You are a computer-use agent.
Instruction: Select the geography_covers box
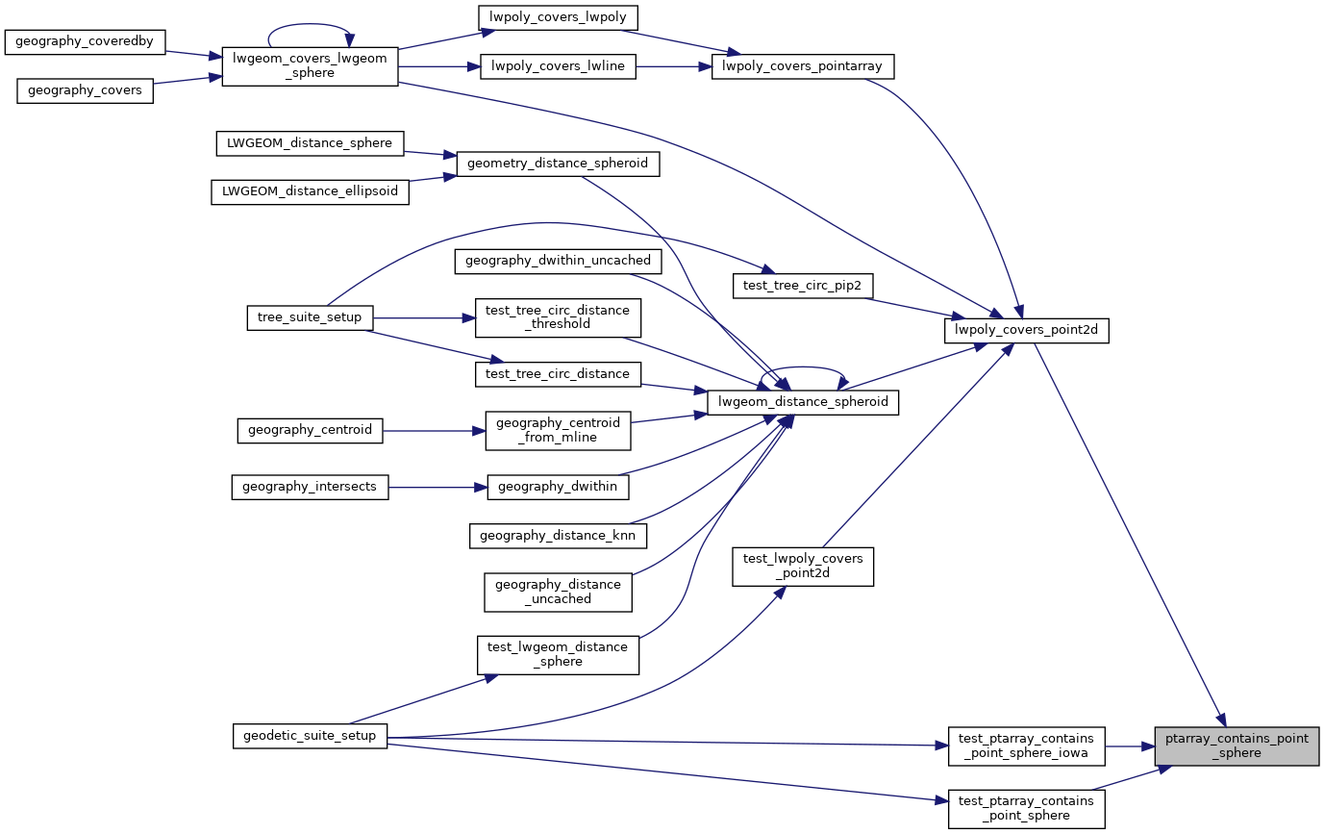point(85,89)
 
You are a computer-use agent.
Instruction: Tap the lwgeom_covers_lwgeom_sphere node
point(310,65)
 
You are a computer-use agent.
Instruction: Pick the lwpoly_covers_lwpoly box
point(558,16)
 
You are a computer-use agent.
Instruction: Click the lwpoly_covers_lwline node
point(558,66)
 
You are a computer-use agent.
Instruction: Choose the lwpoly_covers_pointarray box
point(803,66)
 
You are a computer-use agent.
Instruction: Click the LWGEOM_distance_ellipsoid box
point(310,190)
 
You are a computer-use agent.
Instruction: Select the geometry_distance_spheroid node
point(558,164)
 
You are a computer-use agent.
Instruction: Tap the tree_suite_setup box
point(310,317)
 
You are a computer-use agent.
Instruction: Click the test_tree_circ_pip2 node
point(802,285)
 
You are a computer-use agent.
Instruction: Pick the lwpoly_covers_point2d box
point(1027,331)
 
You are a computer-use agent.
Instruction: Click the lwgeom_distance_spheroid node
point(802,401)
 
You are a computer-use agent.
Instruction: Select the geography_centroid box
point(310,429)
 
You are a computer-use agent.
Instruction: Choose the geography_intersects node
point(310,487)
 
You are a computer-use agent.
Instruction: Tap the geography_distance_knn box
point(558,535)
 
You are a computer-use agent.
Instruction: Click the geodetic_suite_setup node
point(310,736)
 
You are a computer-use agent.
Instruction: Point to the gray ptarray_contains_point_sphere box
point(1237,746)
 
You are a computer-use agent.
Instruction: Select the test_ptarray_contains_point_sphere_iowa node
point(1027,746)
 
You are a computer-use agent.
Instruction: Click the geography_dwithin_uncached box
point(558,260)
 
